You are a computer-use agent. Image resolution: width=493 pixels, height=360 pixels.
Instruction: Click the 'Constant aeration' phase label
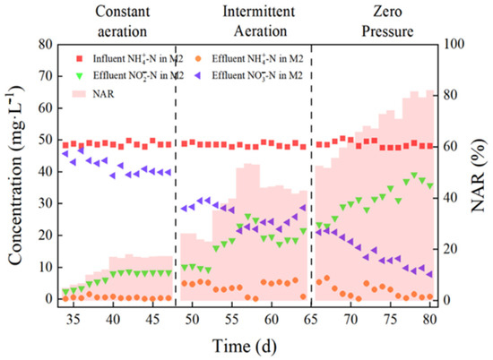pyautogui.click(x=122, y=21)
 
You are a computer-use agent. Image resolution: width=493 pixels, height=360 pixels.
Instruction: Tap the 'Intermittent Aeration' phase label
pyautogui.click(x=259, y=21)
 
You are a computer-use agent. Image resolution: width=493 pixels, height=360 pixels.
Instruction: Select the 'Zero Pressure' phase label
pyautogui.click(x=387, y=21)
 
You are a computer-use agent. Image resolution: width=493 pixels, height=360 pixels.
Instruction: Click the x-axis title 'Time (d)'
pyautogui.click(x=245, y=347)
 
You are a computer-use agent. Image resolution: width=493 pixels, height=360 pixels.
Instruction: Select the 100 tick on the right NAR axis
pyautogui.click(x=453, y=44)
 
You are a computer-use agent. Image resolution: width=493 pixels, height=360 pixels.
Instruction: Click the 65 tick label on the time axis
pyautogui.click(x=311, y=320)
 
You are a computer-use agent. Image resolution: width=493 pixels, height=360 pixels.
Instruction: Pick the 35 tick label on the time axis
pyautogui.click(x=74, y=320)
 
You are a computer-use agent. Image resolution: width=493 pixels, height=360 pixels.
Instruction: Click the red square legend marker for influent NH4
pyautogui.click(x=80, y=59)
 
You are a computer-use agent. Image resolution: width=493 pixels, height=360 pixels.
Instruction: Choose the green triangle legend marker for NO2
pyautogui.click(x=80, y=76)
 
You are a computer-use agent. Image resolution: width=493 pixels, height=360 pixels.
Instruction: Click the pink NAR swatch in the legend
pyautogui.click(x=80, y=94)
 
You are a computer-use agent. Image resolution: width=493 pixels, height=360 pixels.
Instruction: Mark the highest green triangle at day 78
pyautogui.click(x=414, y=176)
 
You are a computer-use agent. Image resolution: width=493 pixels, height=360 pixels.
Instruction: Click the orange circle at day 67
pyautogui.click(x=327, y=278)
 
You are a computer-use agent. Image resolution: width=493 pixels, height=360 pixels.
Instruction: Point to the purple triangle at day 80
pyautogui.click(x=429, y=274)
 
